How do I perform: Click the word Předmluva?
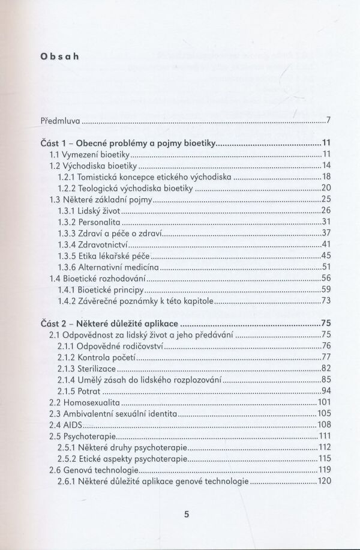click(60, 121)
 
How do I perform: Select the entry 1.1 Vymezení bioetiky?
click(89, 155)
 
